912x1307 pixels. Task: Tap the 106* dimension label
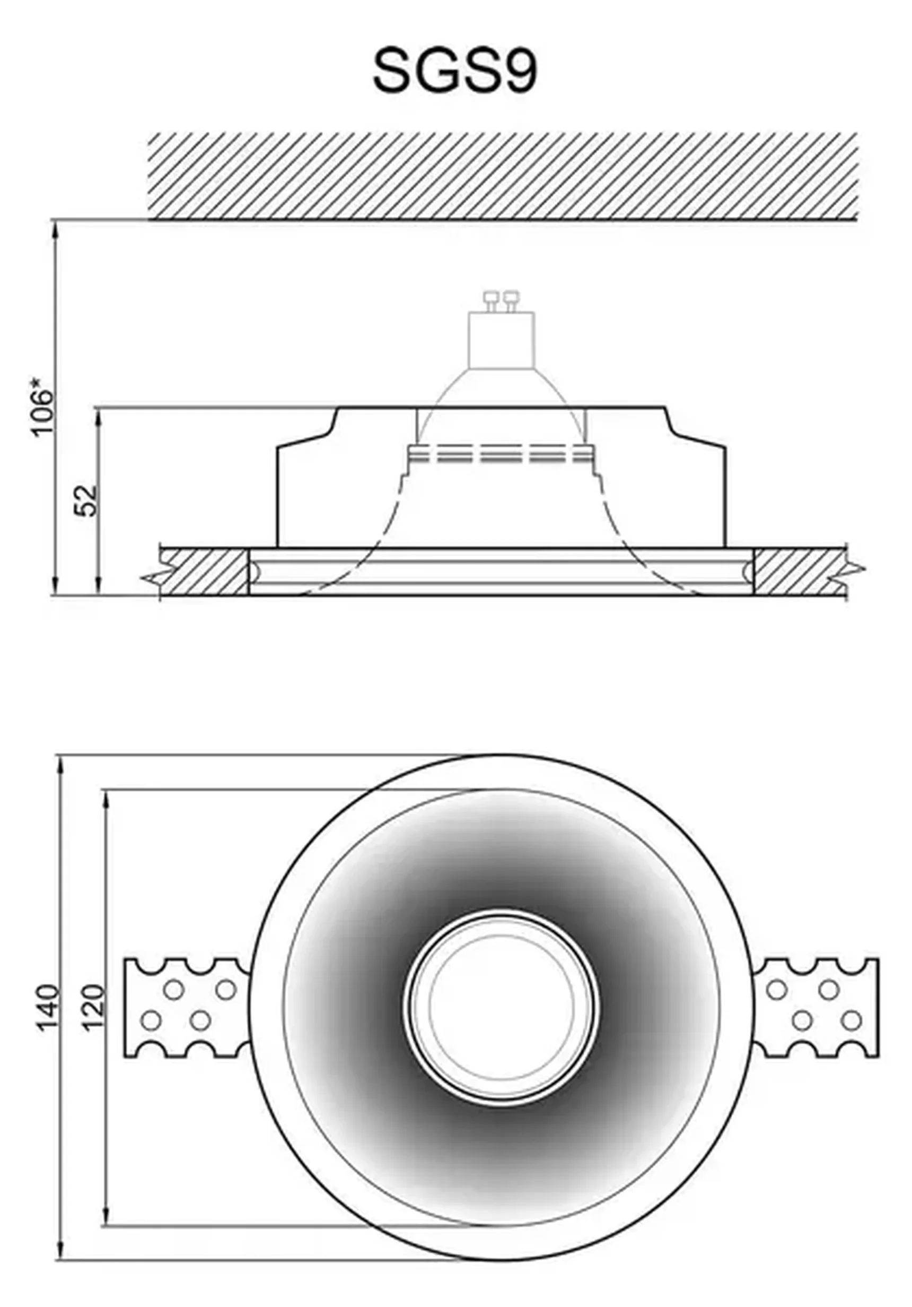[x=43, y=412]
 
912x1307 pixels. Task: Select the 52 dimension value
[x=87, y=500]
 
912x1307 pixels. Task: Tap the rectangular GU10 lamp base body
[x=501, y=340]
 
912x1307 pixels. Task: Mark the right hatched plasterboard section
[x=800, y=571]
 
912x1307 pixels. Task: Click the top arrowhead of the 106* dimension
[x=55, y=228]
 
